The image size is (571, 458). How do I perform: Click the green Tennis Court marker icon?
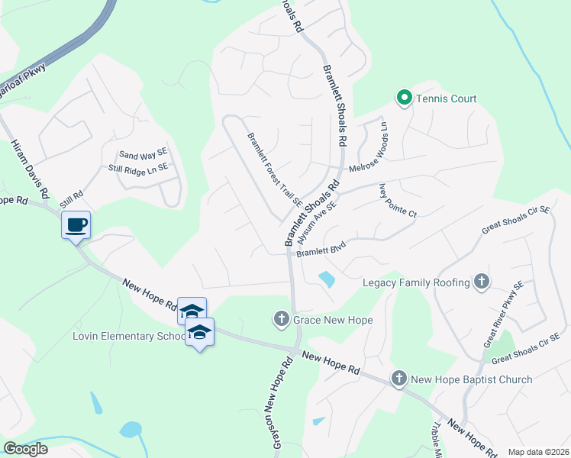(403, 98)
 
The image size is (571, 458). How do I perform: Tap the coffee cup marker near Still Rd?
(76, 225)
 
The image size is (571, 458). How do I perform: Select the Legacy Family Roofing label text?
(416, 282)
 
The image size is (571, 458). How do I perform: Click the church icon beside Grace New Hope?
(282, 319)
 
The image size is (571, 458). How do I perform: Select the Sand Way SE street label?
(142, 153)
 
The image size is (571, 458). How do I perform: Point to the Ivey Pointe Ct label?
(397, 202)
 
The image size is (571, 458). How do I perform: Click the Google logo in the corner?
(25, 448)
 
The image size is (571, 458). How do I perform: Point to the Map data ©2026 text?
(538, 452)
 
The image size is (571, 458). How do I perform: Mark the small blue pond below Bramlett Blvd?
(327, 279)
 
